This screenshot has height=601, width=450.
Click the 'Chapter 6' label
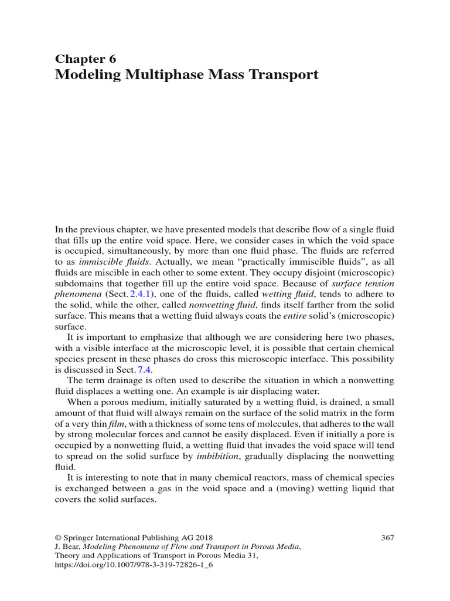click(86, 58)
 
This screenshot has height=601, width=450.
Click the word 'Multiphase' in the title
click(169, 75)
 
